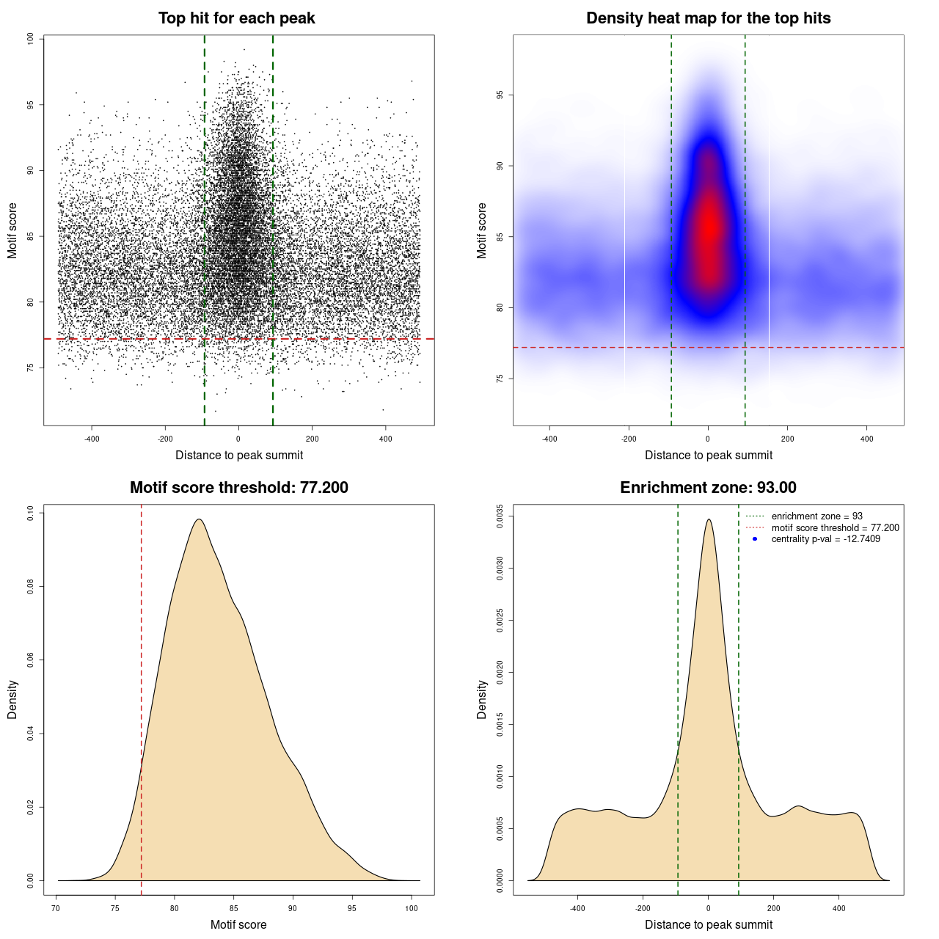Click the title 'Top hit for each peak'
click(236, 18)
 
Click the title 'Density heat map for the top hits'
click(708, 18)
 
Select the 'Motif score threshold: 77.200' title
click(238, 488)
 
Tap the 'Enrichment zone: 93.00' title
click(708, 488)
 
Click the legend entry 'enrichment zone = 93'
click(816, 516)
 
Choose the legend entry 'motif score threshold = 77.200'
click(835, 528)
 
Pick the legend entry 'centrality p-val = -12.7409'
click(825, 539)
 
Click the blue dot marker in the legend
click(755, 539)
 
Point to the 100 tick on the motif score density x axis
click(412, 908)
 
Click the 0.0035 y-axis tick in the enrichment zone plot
click(500, 516)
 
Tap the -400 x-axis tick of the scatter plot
click(92, 439)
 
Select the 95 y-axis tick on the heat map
click(500, 95)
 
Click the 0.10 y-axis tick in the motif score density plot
click(30, 514)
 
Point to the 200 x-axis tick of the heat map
click(787, 439)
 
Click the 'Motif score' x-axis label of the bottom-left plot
click(238, 924)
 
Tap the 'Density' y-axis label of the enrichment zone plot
click(482, 699)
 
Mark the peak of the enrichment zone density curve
click(709, 519)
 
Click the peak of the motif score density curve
click(198, 519)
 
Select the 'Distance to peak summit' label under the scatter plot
click(239, 455)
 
